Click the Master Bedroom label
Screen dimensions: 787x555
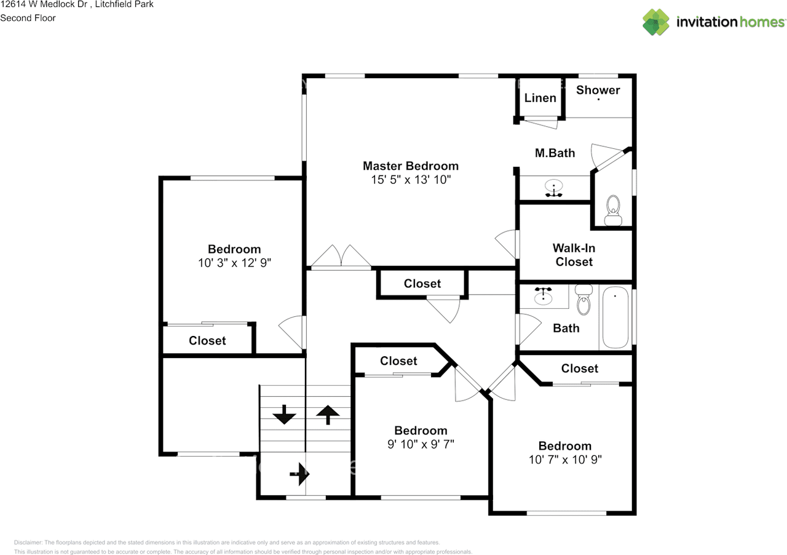click(410, 166)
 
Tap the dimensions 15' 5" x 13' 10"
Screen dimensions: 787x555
click(411, 180)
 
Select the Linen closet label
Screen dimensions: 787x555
click(540, 98)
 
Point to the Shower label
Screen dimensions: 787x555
click(598, 90)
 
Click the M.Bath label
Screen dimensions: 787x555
click(555, 153)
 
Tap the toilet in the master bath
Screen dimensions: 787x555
click(613, 210)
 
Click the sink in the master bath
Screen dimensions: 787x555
click(554, 188)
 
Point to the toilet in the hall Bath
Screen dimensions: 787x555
click(583, 300)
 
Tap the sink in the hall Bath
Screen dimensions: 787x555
click(543, 295)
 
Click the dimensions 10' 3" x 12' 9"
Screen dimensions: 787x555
click(234, 263)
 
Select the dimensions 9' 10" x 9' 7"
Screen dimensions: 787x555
click(421, 444)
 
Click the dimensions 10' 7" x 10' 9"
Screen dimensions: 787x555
click(565, 460)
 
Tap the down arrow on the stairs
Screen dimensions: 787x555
click(284, 415)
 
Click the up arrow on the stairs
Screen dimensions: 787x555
click(328, 415)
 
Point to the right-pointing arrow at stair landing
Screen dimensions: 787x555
click(299, 474)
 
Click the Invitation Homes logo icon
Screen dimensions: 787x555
click(656, 22)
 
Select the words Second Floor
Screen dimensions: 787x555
click(28, 18)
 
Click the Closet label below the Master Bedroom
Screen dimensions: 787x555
click(422, 284)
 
